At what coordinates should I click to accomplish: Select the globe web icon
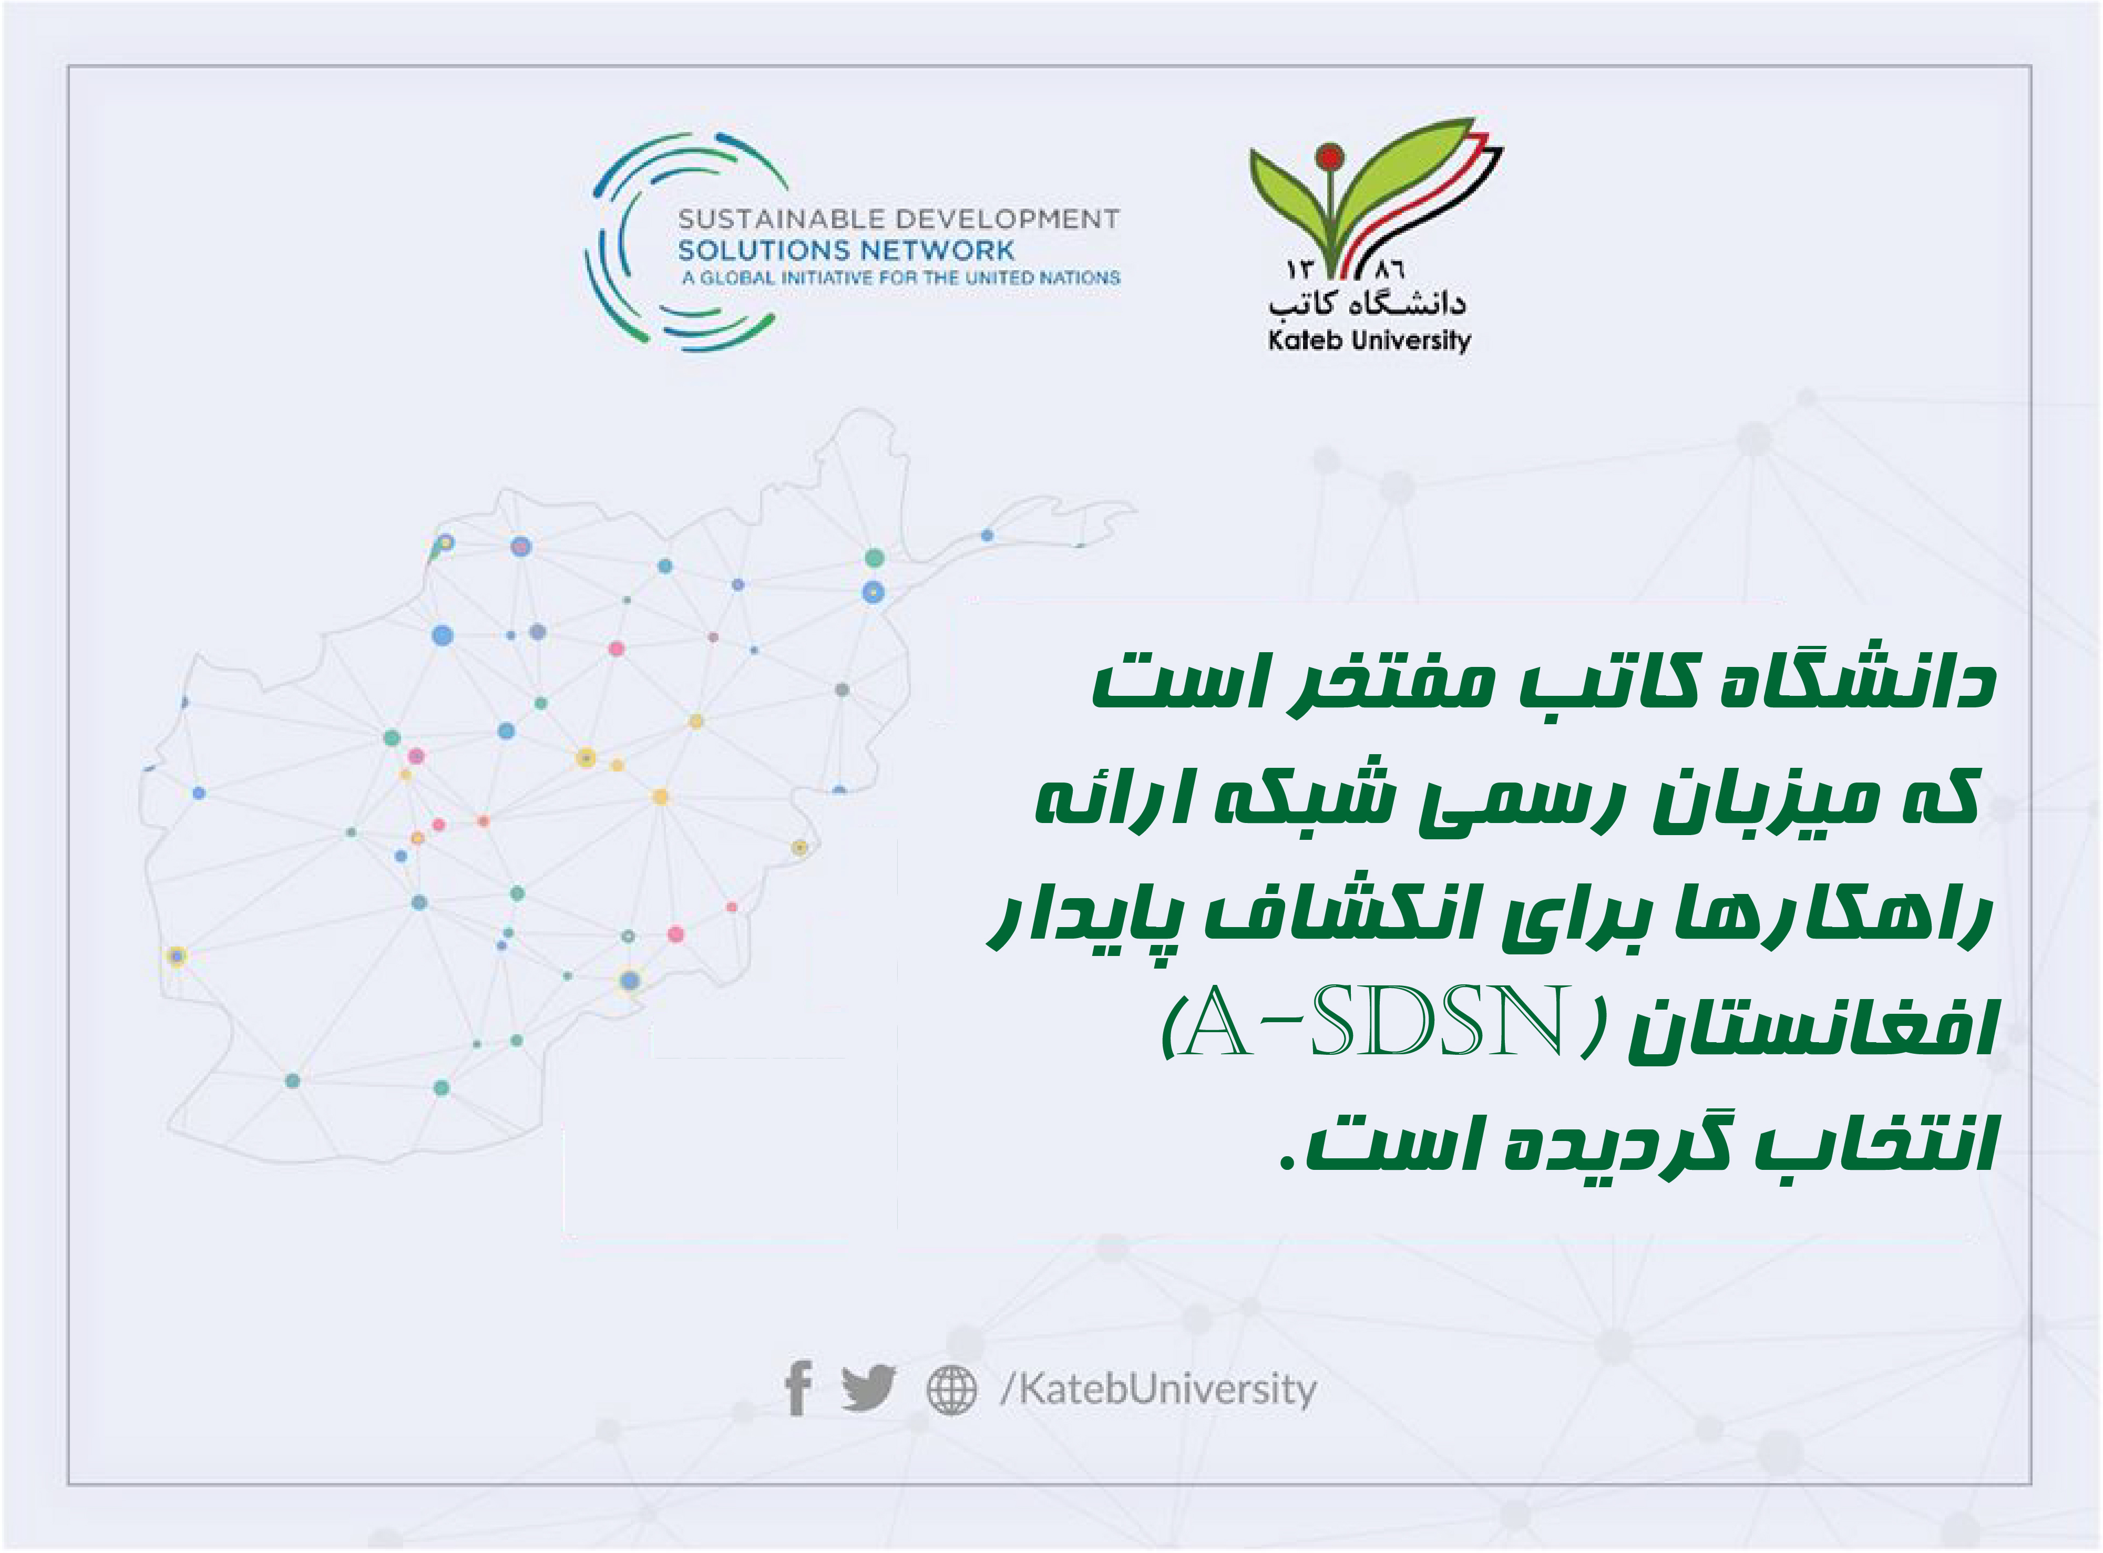(951, 1390)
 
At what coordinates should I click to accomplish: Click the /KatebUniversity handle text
(1158, 1389)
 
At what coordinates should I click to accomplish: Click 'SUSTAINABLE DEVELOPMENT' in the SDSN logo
(899, 219)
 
